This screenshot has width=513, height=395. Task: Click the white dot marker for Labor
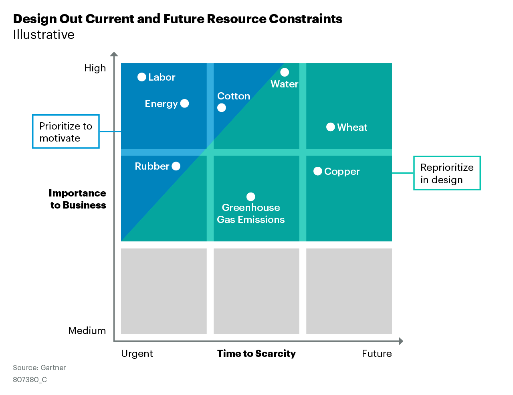(x=141, y=77)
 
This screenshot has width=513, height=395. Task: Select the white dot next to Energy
(x=184, y=103)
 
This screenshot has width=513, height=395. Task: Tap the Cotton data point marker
(x=222, y=108)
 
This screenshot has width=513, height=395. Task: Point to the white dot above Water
(x=285, y=72)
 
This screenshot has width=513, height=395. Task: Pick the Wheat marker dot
(x=331, y=127)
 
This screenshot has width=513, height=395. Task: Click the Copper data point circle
(x=318, y=171)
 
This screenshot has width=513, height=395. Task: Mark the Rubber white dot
(x=176, y=166)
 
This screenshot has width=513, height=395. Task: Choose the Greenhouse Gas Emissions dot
(x=251, y=196)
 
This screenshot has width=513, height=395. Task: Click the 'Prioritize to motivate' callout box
(x=66, y=132)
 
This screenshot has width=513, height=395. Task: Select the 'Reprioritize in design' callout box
(x=447, y=173)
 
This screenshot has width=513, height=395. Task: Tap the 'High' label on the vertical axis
(x=95, y=68)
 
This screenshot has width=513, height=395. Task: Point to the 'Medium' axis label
(x=87, y=331)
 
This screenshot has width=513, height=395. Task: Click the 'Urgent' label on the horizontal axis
(x=137, y=354)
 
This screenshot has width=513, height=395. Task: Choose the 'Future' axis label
(x=377, y=354)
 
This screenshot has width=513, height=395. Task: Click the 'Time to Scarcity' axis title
(x=256, y=354)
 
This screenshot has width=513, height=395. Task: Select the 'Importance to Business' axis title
(x=78, y=199)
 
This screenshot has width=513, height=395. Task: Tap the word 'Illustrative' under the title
(x=44, y=35)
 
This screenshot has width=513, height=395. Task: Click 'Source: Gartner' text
(x=39, y=368)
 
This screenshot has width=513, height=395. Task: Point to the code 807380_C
(x=30, y=380)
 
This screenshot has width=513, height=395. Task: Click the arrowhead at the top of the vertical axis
(x=114, y=54)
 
